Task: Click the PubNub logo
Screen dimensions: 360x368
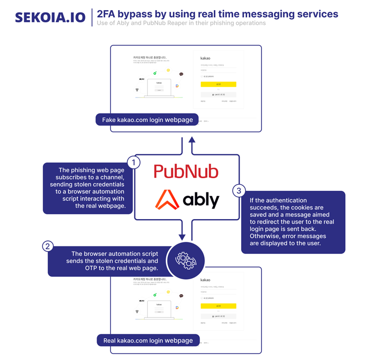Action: (186, 172)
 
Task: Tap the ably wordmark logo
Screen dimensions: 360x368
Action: (187, 200)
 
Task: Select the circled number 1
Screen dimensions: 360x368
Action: (133, 163)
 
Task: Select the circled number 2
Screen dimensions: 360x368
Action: (48, 246)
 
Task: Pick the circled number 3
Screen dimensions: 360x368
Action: (239, 190)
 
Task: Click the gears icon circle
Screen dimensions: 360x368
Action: (186, 260)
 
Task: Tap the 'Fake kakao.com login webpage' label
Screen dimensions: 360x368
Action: (148, 120)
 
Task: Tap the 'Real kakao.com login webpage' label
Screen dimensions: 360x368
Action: (148, 340)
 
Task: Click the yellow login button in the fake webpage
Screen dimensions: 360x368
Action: (218, 84)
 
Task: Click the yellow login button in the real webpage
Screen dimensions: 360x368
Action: (218, 306)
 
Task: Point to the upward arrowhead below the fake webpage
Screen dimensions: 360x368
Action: (192, 140)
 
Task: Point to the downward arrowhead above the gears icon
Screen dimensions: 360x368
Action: (182, 237)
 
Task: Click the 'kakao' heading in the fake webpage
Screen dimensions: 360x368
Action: (205, 58)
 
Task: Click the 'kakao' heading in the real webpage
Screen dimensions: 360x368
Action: (205, 280)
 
